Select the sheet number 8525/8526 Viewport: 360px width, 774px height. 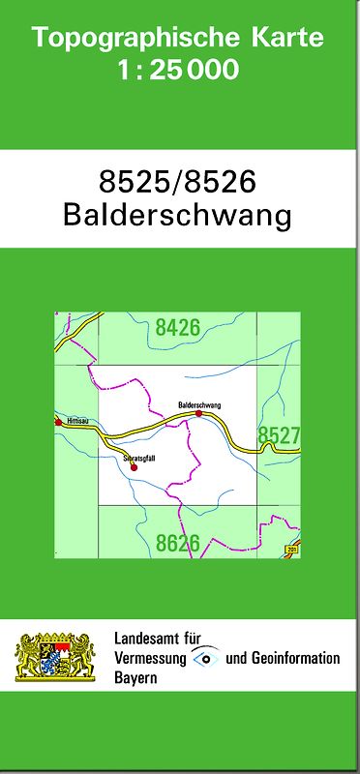point(178,182)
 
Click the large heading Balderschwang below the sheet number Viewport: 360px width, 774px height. point(178,215)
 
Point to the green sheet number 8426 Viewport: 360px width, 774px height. point(177,328)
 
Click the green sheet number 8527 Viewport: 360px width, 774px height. point(279,436)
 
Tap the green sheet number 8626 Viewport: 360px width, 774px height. point(178,544)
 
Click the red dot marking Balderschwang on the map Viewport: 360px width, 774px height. point(198,413)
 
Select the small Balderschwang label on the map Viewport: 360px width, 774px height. point(199,403)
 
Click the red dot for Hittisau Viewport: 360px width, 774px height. point(59,423)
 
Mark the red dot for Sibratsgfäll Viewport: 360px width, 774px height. point(134,466)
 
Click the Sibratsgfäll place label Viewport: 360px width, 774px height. point(139,456)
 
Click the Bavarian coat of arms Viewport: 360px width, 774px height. point(54,657)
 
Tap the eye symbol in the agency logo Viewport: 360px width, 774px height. point(205,658)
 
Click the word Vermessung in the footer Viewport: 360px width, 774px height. point(151,658)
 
